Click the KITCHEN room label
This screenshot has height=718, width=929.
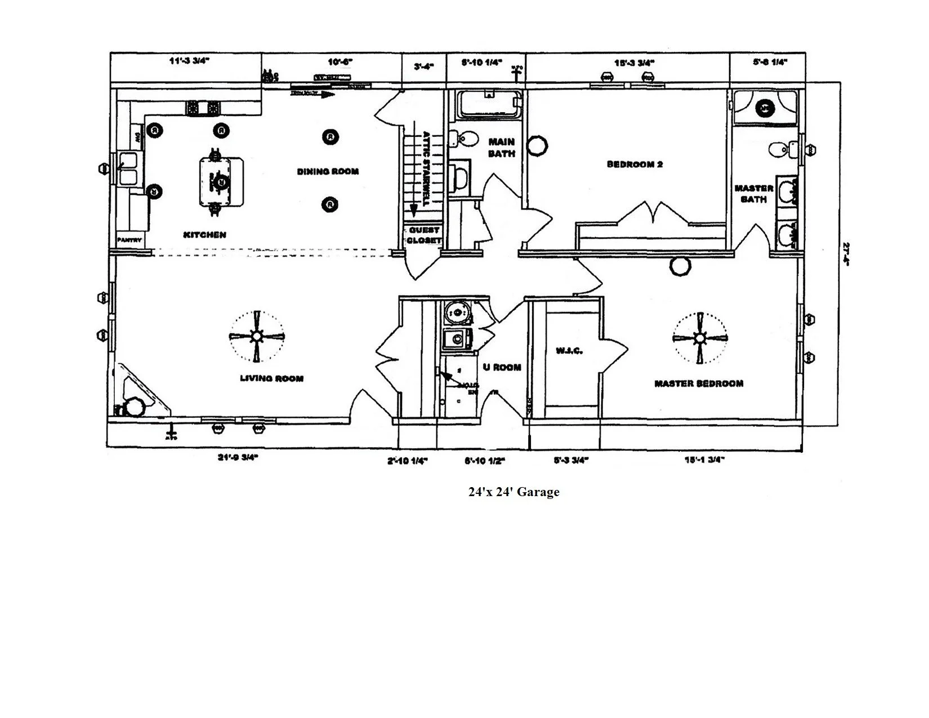coord(204,235)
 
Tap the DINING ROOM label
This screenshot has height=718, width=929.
coord(328,171)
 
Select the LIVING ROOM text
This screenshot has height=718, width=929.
coord(271,378)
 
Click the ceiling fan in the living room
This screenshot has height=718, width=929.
coord(256,336)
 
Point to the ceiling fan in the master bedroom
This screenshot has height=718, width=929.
coord(700,338)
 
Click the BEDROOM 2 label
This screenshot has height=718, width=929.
coord(635,164)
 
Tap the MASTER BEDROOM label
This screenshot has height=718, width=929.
coord(698,383)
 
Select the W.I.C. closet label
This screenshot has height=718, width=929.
coord(569,351)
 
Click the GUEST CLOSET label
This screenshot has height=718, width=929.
coord(423,235)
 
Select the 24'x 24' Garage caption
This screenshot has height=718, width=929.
coord(513,492)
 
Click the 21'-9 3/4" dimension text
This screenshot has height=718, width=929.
coord(237,458)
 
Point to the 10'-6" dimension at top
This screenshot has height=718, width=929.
coord(338,62)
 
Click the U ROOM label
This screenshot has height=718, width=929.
coord(502,367)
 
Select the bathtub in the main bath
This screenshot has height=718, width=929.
coord(488,105)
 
